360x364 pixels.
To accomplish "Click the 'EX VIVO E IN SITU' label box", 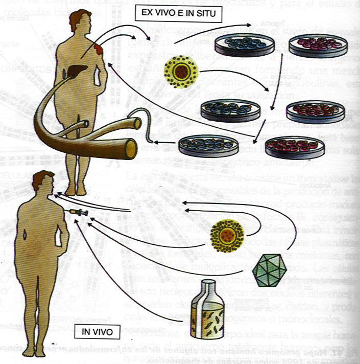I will [178, 14].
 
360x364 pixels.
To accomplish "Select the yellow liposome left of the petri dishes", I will [180, 71].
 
